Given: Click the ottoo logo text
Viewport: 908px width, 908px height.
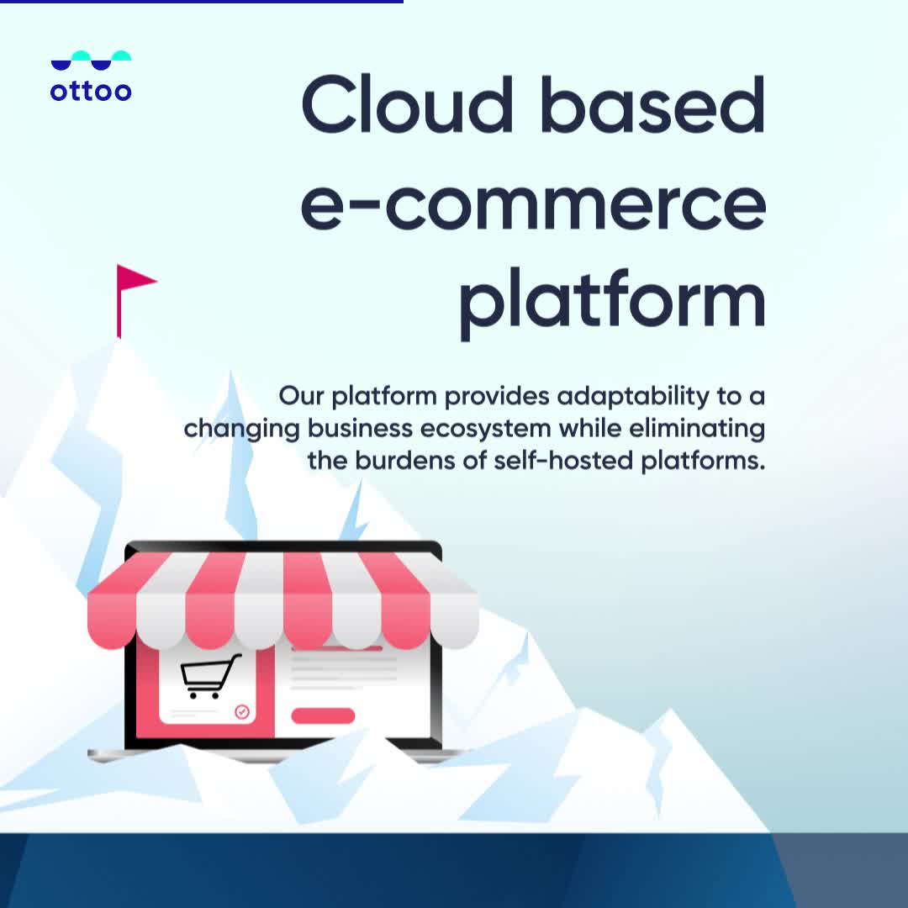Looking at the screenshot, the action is [x=91, y=91].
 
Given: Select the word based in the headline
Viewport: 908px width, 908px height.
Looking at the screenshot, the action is [x=653, y=105].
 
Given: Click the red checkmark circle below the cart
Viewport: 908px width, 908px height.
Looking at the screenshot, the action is [x=242, y=712].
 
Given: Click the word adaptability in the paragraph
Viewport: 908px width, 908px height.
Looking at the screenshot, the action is [x=633, y=397].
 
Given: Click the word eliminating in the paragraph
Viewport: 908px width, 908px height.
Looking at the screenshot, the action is [x=697, y=430].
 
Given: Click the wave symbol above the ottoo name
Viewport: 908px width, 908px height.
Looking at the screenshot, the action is [x=91, y=61].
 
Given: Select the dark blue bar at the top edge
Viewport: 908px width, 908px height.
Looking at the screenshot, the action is [x=202, y=2].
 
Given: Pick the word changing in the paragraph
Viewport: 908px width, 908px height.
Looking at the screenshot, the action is [x=241, y=430].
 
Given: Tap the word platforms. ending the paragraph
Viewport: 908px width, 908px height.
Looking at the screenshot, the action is [x=703, y=461].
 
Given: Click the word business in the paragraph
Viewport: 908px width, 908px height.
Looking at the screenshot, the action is [x=360, y=429].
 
